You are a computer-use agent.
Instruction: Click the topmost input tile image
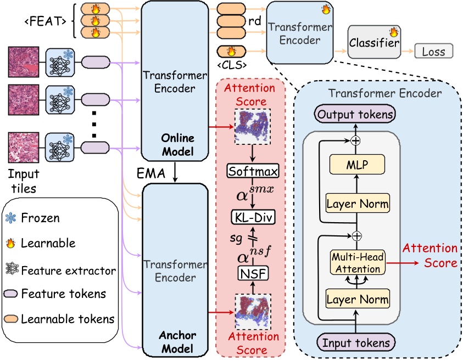(x=24, y=61)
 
